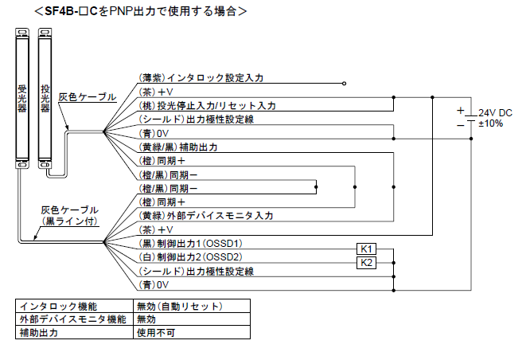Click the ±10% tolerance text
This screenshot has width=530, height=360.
[491, 123]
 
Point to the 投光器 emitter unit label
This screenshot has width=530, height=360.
[44, 99]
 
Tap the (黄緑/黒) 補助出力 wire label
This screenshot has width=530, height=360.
[178, 147]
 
